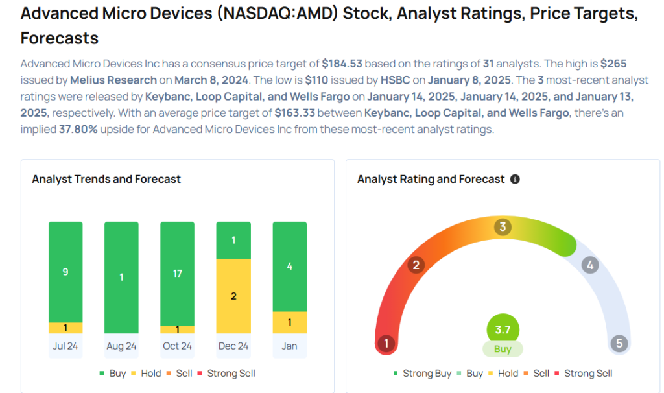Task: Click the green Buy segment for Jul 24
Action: [65, 272]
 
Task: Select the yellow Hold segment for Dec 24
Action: [233, 296]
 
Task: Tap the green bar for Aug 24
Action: [121, 278]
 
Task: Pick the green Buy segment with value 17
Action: [178, 273]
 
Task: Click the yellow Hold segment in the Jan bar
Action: [289, 322]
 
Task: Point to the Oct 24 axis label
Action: [178, 346]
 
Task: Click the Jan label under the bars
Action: [289, 346]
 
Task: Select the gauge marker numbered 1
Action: [386, 343]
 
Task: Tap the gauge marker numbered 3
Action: [503, 227]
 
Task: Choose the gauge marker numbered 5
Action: [619, 343]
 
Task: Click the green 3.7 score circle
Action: [503, 329]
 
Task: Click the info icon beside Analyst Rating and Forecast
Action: [515, 179]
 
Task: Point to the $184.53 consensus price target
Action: [342, 64]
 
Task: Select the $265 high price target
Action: [613, 64]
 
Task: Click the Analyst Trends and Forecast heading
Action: [106, 179]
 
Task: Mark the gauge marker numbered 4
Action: [589, 265]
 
